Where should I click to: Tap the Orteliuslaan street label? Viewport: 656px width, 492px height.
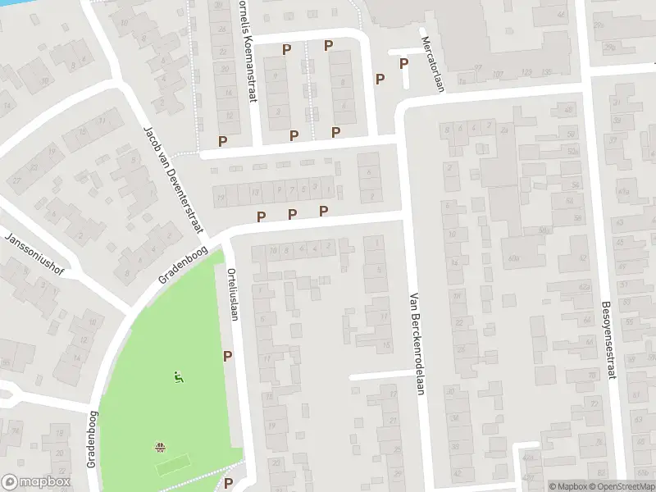[x=233, y=294]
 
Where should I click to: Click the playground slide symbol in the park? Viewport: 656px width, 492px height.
[x=177, y=377]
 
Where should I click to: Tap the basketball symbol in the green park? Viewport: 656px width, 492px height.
[x=161, y=446]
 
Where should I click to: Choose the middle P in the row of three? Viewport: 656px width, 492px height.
[x=292, y=214]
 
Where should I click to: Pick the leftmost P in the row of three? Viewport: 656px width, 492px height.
[x=262, y=216]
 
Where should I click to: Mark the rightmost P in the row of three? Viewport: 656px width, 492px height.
[x=323, y=212]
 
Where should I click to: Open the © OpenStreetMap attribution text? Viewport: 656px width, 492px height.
[x=622, y=486]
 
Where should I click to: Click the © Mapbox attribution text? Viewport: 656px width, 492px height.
[x=567, y=486]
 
